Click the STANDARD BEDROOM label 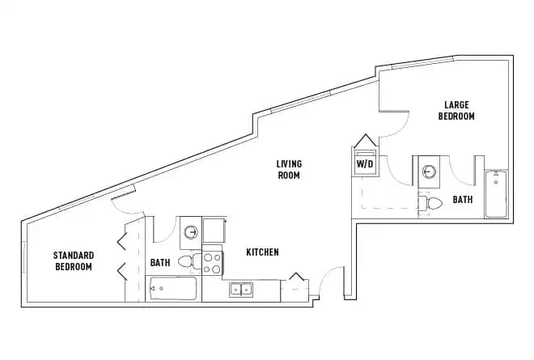(74, 261)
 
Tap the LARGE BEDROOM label (456, 111)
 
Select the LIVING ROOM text (289, 169)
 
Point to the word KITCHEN (262, 252)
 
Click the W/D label (365, 163)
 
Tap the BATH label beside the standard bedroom (159, 263)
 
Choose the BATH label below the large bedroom (463, 199)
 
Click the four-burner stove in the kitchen (212, 263)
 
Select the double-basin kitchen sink (240, 290)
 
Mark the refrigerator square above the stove (214, 231)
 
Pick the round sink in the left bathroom (190, 233)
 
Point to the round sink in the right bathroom (430, 172)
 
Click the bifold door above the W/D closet (364, 141)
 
